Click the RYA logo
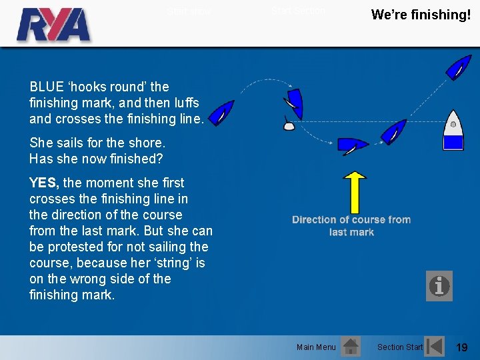(x=53, y=25)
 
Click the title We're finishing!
(x=421, y=15)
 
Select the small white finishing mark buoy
(x=289, y=125)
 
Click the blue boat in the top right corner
(x=458, y=67)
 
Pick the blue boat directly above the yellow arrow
(x=353, y=145)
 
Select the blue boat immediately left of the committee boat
(x=394, y=131)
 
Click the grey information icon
(x=439, y=286)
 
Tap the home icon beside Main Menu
(x=350, y=346)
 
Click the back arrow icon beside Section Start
(x=435, y=346)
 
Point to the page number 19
(x=461, y=347)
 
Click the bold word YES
(x=44, y=183)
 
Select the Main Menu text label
(x=316, y=347)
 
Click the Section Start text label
(x=400, y=347)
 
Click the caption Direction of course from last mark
(x=351, y=225)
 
